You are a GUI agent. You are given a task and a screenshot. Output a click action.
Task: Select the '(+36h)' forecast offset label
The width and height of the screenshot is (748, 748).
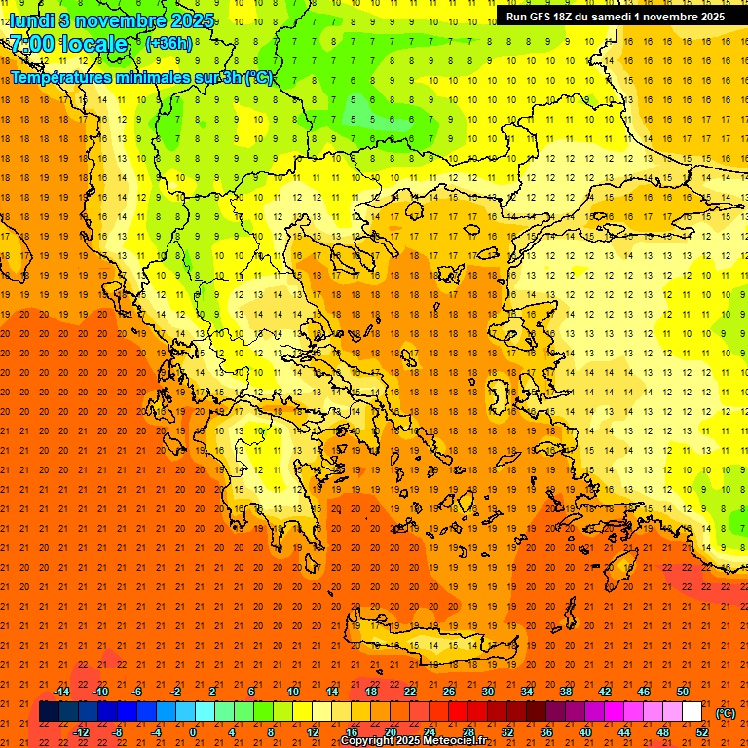168,44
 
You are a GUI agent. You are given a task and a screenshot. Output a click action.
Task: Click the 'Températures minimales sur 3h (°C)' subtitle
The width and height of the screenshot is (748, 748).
141,77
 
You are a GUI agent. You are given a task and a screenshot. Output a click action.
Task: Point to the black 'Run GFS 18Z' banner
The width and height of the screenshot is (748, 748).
615,17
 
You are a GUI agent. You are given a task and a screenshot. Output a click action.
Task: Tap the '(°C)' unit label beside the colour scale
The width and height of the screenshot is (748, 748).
725,713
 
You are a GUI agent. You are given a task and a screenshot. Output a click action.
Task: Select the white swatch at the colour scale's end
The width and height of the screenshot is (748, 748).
692,712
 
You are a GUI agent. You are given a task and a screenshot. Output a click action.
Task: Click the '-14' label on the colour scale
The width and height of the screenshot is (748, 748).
61,692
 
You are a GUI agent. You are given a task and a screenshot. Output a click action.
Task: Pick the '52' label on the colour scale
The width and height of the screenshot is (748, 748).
702,732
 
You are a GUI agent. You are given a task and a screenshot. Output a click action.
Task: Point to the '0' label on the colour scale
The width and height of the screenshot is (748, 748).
193,732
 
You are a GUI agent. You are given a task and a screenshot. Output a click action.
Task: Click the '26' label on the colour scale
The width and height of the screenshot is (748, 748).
449,692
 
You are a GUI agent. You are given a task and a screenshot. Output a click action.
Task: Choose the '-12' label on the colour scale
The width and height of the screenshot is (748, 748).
81,732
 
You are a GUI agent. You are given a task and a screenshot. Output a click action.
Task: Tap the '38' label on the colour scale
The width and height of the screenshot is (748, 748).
566,692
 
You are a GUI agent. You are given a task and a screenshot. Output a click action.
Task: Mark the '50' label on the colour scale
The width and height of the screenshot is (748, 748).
683,692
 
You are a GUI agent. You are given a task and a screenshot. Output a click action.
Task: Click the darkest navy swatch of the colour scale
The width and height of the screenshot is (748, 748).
49,712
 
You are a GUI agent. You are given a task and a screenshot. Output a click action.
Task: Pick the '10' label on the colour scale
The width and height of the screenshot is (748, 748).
293,692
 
